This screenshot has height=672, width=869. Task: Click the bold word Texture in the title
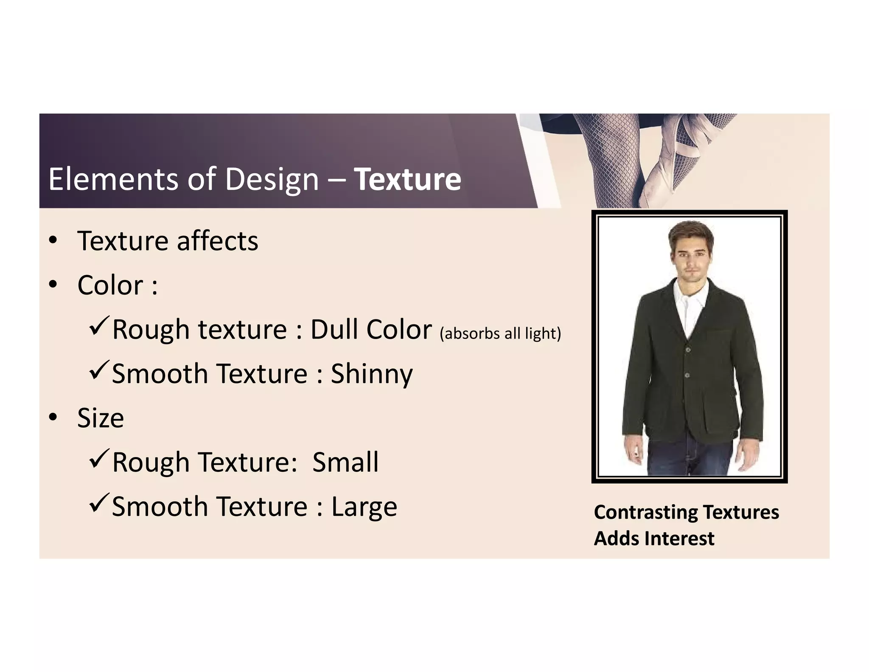click(407, 179)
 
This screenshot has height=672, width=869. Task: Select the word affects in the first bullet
click(217, 241)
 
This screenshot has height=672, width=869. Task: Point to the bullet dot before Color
click(53, 285)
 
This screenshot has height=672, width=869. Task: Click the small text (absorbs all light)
click(500, 333)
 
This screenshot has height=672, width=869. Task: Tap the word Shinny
click(371, 374)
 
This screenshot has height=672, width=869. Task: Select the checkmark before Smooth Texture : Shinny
click(99, 370)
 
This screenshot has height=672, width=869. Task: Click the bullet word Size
click(101, 418)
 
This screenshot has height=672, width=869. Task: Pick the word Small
click(345, 462)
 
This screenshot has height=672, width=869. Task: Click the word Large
click(364, 507)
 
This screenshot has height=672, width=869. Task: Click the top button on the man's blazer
click(688, 349)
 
